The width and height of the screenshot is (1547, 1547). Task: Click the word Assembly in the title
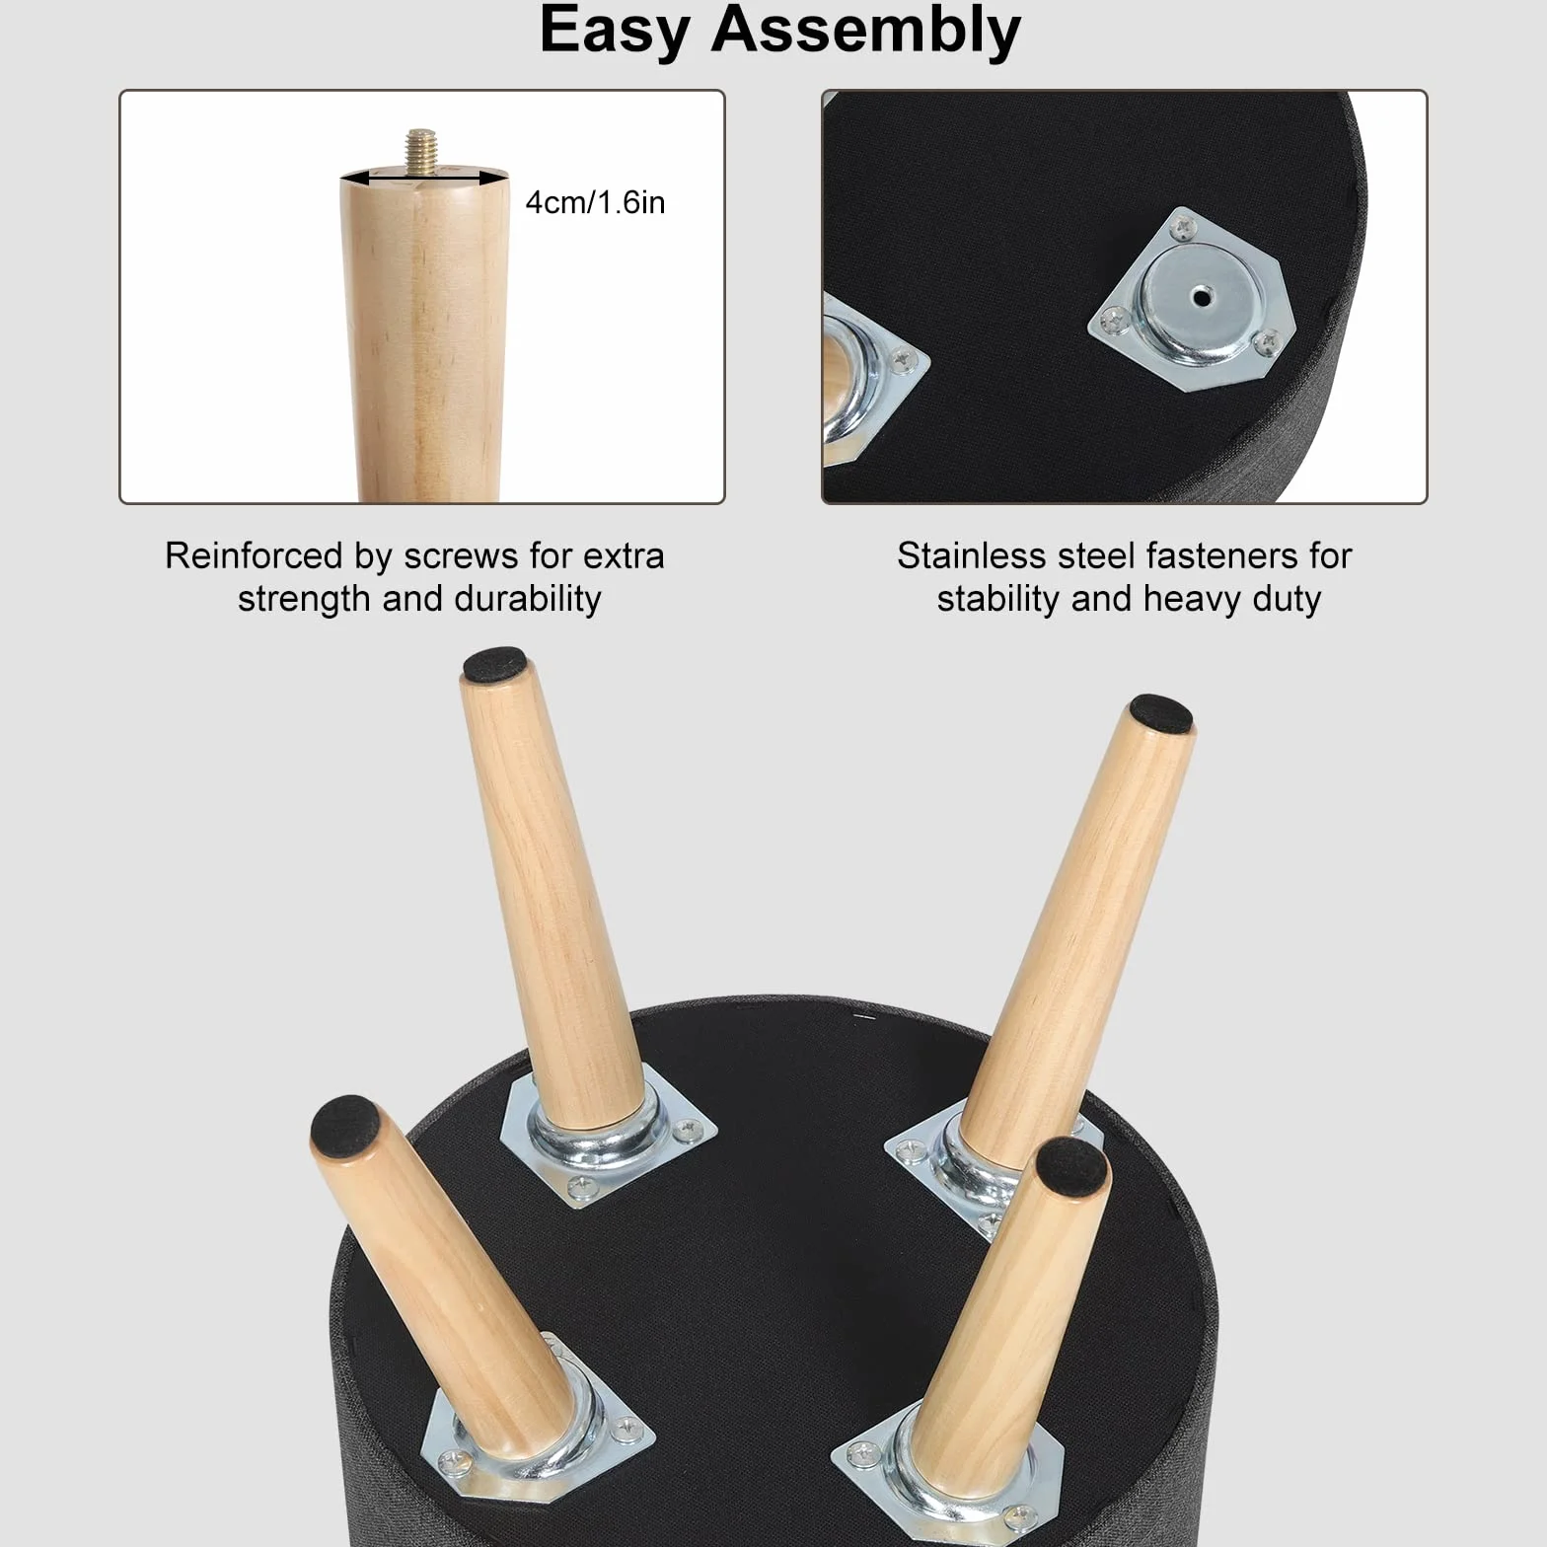click(x=865, y=32)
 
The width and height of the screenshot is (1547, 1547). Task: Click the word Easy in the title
click(x=614, y=32)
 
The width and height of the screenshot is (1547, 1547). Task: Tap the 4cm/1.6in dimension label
click(x=595, y=202)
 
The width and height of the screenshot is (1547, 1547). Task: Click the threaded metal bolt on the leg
click(x=422, y=152)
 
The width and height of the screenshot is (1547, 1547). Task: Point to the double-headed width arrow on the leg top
click(x=424, y=178)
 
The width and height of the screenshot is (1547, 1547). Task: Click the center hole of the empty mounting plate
click(x=1200, y=296)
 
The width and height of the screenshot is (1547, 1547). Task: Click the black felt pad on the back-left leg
click(x=495, y=665)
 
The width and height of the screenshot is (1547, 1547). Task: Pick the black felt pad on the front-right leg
click(x=1072, y=1164)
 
